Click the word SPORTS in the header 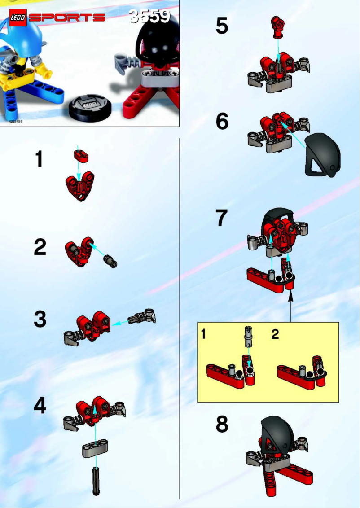pos(67,18)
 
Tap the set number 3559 pos(149,17)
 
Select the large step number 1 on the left pos(40,160)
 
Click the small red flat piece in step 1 pos(81,156)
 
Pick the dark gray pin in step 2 pos(110,260)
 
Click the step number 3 pos(40,320)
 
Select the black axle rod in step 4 pos(96,480)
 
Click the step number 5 pos(222,26)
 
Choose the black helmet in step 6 pos(323,155)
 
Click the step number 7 pos(222,219)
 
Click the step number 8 pos(222,424)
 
